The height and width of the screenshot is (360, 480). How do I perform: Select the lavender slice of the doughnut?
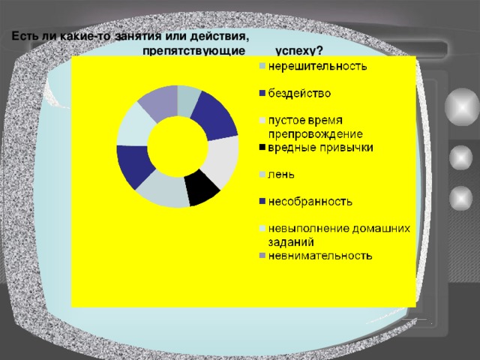tap(157, 103)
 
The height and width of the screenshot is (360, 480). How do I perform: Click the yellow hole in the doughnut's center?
tap(178, 145)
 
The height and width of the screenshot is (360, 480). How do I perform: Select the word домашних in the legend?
tap(381, 229)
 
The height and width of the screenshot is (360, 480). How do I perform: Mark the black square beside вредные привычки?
tap(262, 148)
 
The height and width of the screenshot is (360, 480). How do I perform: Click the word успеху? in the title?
tap(298, 50)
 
